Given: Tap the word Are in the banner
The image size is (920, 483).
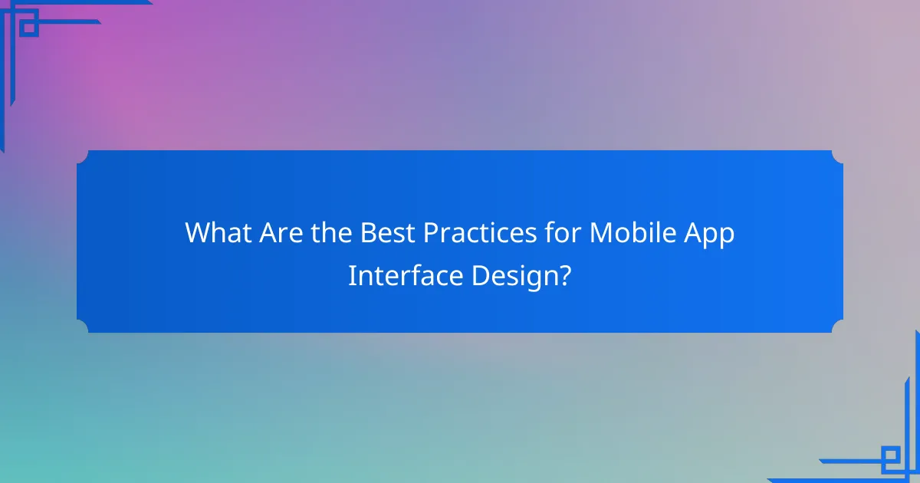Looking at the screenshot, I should (x=278, y=233).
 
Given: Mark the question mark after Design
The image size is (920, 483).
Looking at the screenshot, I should (x=565, y=276).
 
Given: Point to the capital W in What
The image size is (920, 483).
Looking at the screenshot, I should (x=196, y=233).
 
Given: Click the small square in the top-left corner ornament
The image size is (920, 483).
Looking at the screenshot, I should (x=29, y=28).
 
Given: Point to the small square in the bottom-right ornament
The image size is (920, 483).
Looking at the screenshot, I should (x=890, y=458).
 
